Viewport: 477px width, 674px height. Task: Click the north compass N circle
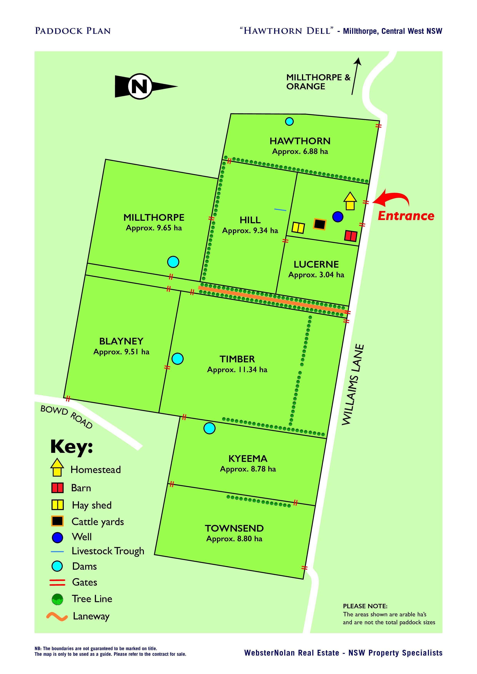[140, 86]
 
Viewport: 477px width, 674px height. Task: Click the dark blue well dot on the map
[338, 217]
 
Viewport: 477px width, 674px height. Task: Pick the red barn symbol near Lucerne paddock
[351, 236]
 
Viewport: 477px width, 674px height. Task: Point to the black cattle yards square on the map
[319, 224]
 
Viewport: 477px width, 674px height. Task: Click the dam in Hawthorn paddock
[289, 121]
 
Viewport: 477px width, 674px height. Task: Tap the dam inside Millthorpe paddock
[173, 261]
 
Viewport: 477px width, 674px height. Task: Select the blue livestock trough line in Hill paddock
[280, 210]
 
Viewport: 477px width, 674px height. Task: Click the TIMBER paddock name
[237, 359]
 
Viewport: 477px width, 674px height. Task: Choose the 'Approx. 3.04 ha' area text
[316, 275]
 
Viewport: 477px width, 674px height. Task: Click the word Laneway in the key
[91, 616]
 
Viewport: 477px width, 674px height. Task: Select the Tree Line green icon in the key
[57, 599]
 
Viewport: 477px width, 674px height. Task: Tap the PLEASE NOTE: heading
[365, 606]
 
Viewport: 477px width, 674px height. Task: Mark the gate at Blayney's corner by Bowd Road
[68, 399]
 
